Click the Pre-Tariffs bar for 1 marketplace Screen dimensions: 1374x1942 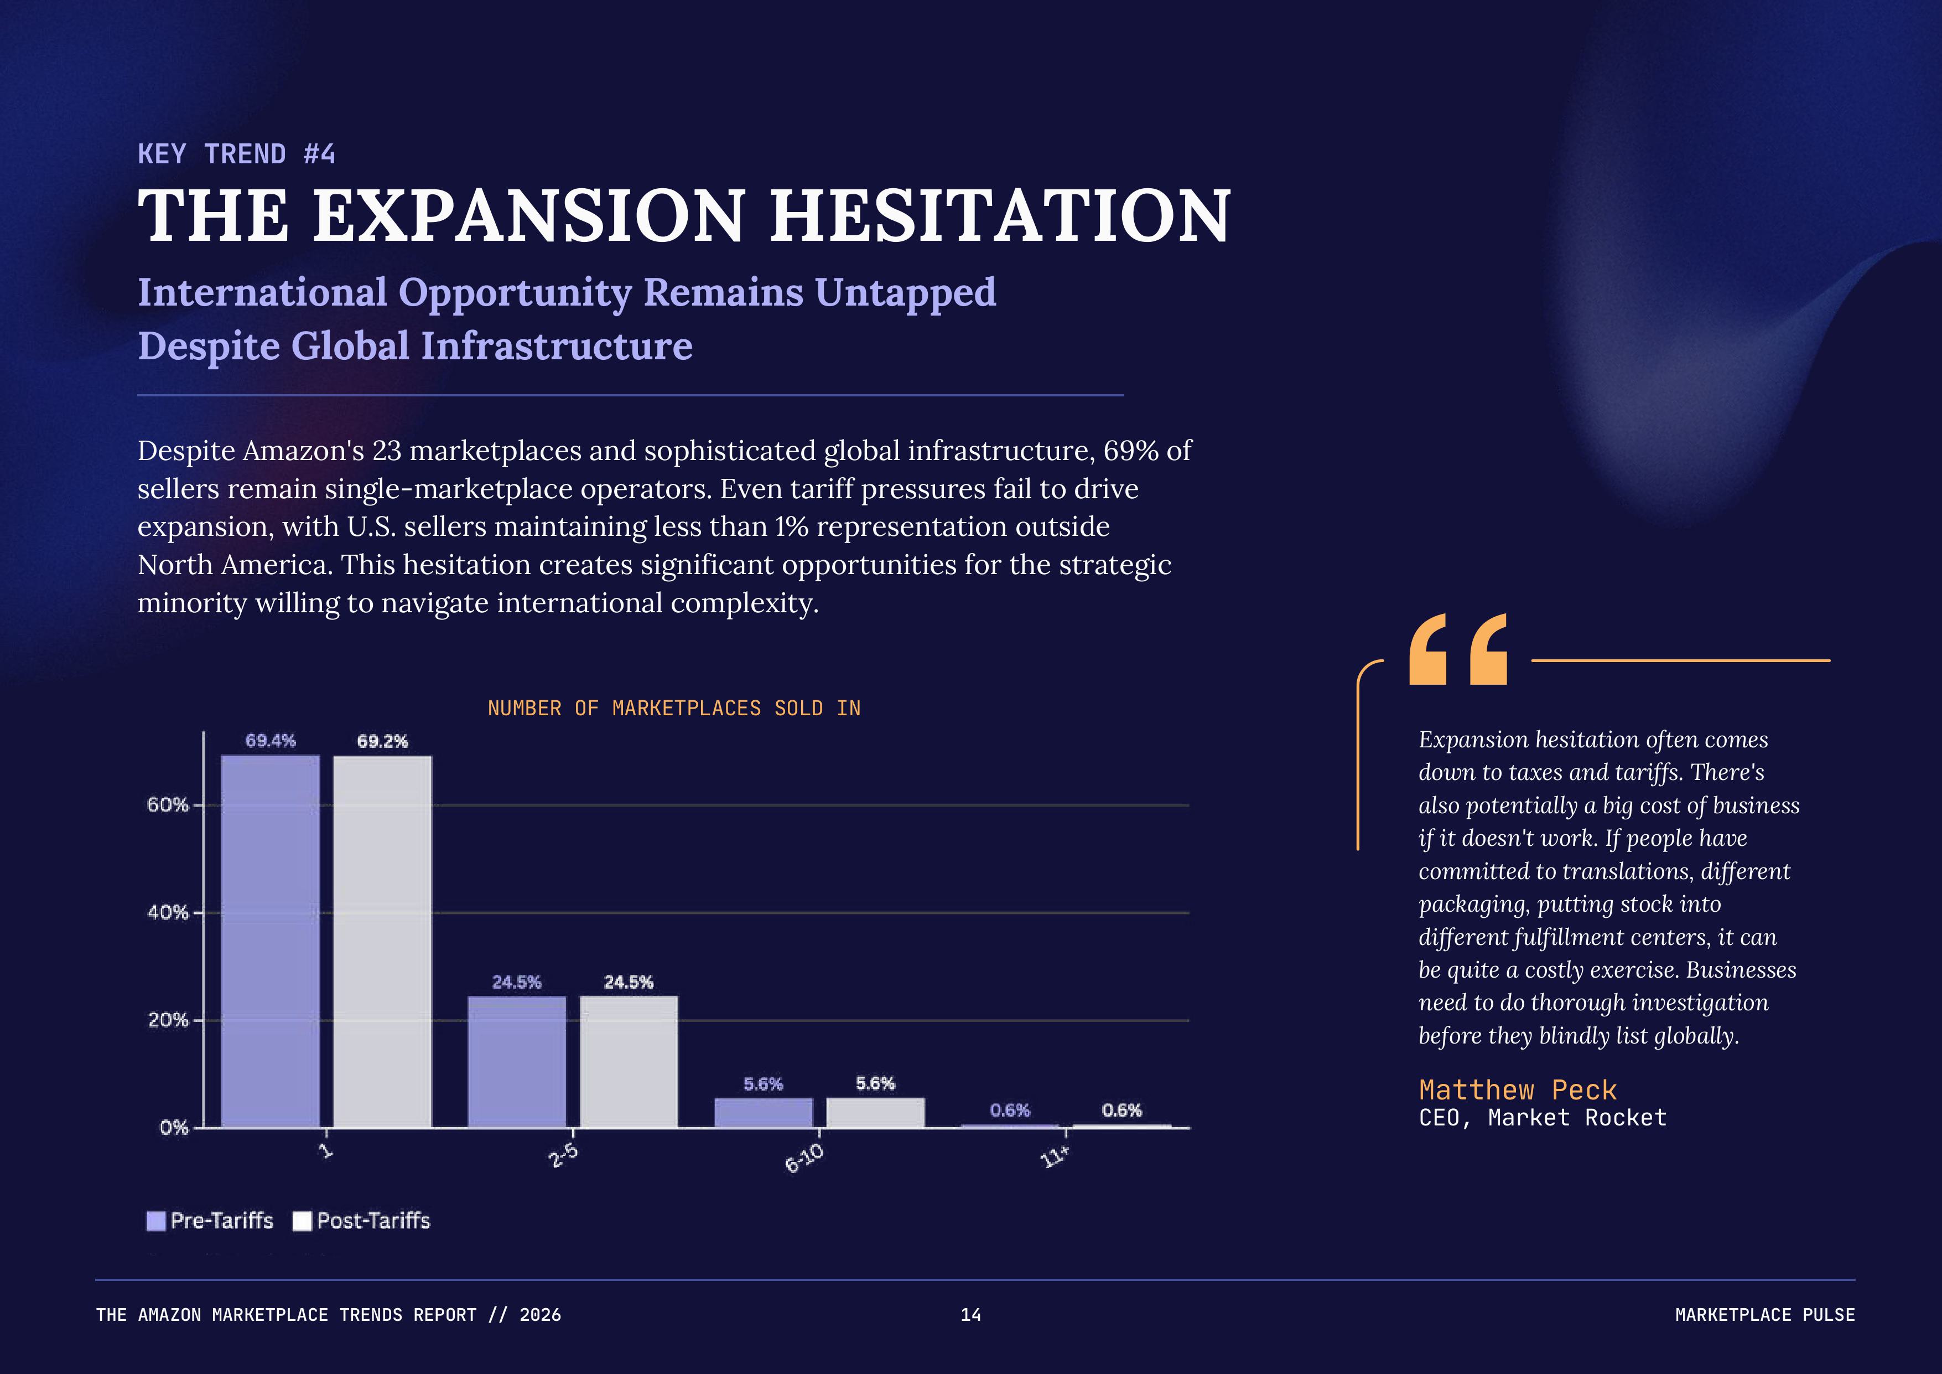pyautogui.click(x=271, y=941)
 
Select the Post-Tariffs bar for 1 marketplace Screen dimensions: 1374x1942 pyautogui.click(x=382, y=941)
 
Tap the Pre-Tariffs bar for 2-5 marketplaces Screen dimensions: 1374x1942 pyautogui.click(x=517, y=1062)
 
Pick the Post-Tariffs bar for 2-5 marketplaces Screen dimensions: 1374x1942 pyautogui.click(x=629, y=1062)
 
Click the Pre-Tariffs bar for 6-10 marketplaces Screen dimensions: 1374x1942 pyautogui.click(x=763, y=1113)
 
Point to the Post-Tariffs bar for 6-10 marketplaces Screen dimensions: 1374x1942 pyautogui.click(x=875, y=1113)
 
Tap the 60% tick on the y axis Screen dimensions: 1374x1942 pyautogui.click(x=168, y=804)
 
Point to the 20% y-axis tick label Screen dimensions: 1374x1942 pyautogui.click(x=168, y=1020)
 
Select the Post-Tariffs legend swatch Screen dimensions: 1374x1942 pyautogui.click(x=302, y=1221)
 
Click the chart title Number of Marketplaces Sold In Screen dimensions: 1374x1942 pyautogui.click(x=674, y=708)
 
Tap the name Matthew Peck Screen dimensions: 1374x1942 pyautogui.click(x=1518, y=1089)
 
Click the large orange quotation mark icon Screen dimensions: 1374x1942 pyautogui.click(x=1458, y=650)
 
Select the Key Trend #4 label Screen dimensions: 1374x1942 pyautogui.click(x=237, y=154)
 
